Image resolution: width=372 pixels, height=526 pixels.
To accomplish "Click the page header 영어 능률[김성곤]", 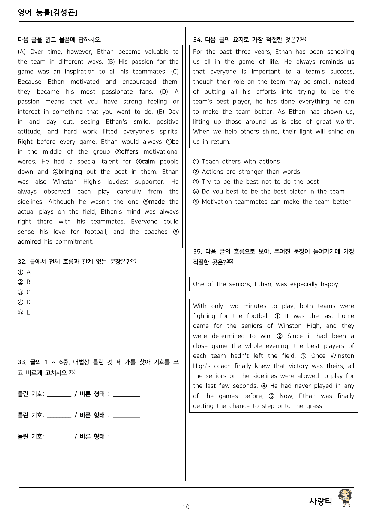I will (x=47, y=13).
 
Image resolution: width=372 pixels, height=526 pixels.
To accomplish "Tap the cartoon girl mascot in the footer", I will (x=345, y=498).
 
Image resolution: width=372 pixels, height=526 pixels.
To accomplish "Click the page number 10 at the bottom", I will (x=186, y=507).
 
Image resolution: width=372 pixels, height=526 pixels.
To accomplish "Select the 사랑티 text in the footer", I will (x=321, y=501).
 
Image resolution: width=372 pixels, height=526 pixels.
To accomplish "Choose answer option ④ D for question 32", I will (x=24, y=302).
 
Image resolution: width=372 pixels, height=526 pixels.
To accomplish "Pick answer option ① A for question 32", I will (x=24, y=272).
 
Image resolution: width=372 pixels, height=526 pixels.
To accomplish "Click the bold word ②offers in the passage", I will (x=127, y=152).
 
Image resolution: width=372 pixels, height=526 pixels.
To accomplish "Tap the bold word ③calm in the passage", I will (x=145, y=162).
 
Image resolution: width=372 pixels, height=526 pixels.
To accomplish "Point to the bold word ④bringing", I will (x=67, y=172).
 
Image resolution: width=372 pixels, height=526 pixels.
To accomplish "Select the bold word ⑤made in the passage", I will (x=154, y=202).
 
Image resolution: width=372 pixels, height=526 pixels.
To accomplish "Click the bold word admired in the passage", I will (x=29, y=242).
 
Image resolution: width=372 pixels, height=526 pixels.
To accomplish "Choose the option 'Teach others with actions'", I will (x=240, y=162).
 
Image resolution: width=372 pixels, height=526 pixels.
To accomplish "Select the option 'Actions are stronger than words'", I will (x=250, y=172).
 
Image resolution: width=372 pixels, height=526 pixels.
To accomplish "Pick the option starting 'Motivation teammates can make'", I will (x=276, y=202).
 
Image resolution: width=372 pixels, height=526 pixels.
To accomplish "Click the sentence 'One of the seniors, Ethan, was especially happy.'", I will (x=266, y=284).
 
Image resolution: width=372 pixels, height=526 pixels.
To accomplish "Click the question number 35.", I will (x=197, y=252).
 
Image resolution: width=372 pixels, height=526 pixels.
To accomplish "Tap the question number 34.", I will (x=197, y=40).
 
